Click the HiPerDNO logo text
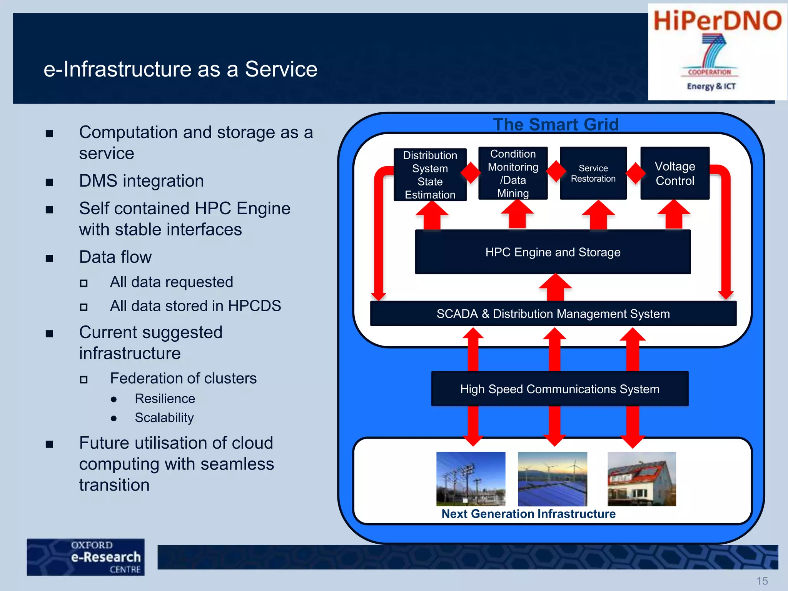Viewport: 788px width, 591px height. pyautogui.click(x=717, y=21)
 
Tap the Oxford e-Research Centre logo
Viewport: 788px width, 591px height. pyautogui.click(x=85, y=557)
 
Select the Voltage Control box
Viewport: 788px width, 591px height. pyautogui.click(x=674, y=173)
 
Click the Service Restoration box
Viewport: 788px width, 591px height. pyautogui.click(x=593, y=173)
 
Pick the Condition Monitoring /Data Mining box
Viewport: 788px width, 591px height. pyautogui.click(x=513, y=173)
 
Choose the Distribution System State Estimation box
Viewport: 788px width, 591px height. pyautogui.click(x=430, y=175)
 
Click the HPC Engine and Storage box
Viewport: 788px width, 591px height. pyautogui.click(x=553, y=252)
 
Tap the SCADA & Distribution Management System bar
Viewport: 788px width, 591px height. pyautogui.click(x=553, y=314)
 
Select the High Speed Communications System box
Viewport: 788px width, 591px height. pyautogui.click(x=559, y=389)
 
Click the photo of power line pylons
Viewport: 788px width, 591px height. pyautogui.click(x=471, y=479)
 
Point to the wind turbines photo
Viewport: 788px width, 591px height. pyautogui.click(x=552, y=479)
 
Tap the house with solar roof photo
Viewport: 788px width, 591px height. pyautogui.click(x=641, y=479)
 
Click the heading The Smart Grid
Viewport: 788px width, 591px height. pyautogui.click(x=556, y=124)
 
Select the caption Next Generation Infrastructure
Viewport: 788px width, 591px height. pyautogui.click(x=528, y=514)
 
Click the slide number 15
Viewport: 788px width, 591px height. pyautogui.click(x=762, y=581)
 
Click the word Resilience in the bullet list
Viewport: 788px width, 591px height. pyautogui.click(x=165, y=399)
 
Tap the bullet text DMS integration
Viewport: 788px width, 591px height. pyautogui.click(x=141, y=181)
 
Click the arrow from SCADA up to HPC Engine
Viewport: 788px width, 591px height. pyautogui.click(x=555, y=288)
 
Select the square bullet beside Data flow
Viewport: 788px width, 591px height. pyautogui.click(x=49, y=258)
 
